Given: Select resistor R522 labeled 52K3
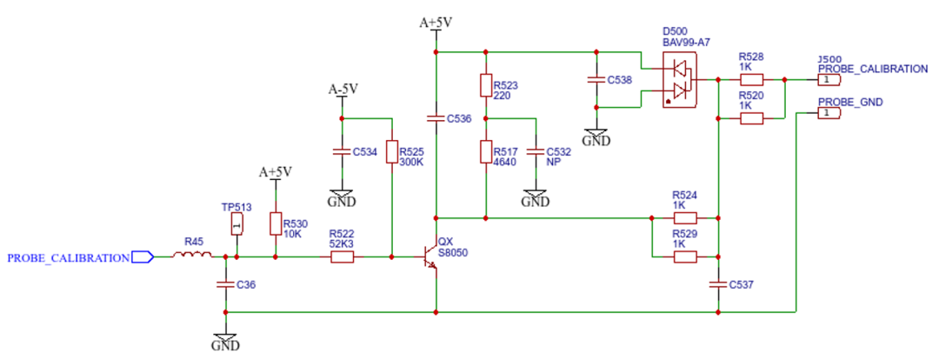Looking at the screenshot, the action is (342, 257).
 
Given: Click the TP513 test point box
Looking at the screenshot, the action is (236, 225).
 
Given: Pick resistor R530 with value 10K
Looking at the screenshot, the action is (276, 224).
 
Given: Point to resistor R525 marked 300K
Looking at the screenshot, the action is (391, 152).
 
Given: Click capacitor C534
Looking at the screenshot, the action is (342, 151).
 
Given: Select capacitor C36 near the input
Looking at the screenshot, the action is (225, 284).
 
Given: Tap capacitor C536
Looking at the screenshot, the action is (436, 118).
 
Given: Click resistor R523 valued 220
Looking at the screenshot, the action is (486, 85).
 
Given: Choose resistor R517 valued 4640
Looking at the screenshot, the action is (486, 151).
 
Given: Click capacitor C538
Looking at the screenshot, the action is (596, 79).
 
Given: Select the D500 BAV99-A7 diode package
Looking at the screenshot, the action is (680, 79).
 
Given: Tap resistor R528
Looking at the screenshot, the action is (751, 79).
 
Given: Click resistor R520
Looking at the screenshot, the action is (751, 118).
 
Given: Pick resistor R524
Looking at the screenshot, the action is (685, 218).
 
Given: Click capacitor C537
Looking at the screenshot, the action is (718, 284).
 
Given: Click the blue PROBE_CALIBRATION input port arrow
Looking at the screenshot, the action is (143, 257).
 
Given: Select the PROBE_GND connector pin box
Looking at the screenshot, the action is (827, 113).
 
